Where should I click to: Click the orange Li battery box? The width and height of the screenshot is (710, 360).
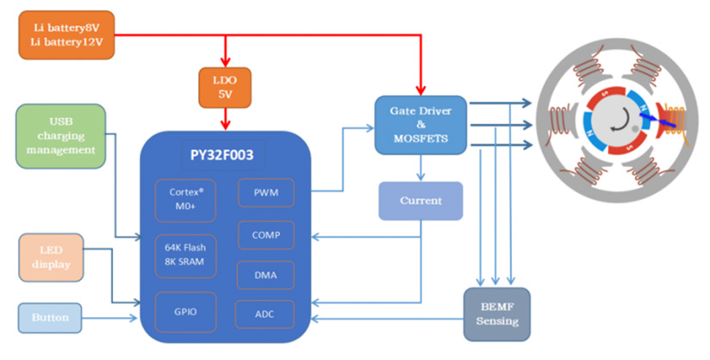coord(65,34)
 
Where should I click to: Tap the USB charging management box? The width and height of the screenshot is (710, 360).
coord(61,136)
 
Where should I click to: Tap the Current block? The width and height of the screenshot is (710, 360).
coord(420,201)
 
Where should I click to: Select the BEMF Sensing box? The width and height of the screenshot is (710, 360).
coord(495,313)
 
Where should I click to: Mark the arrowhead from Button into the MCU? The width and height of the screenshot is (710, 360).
coord(135,318)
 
